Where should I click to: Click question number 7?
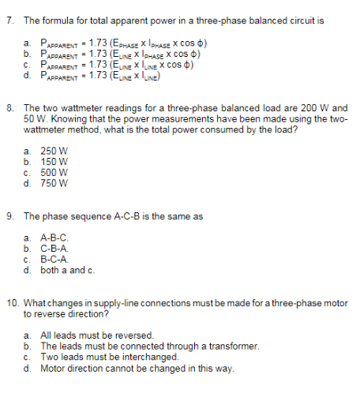pyautogui.click(x=9, y=20)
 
